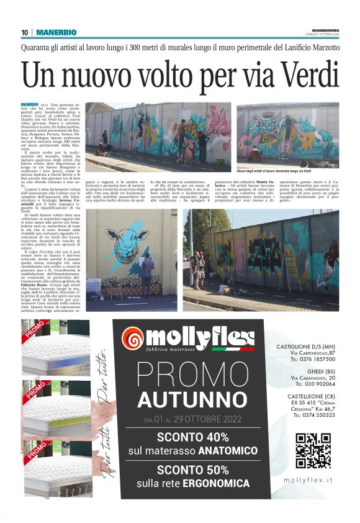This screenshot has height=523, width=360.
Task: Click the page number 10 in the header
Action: click(x=25, y=32)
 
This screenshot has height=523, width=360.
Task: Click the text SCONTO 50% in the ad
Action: click(x=193, y=470)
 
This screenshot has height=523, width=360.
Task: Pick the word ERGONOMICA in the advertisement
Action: click(x=215, y=483)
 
